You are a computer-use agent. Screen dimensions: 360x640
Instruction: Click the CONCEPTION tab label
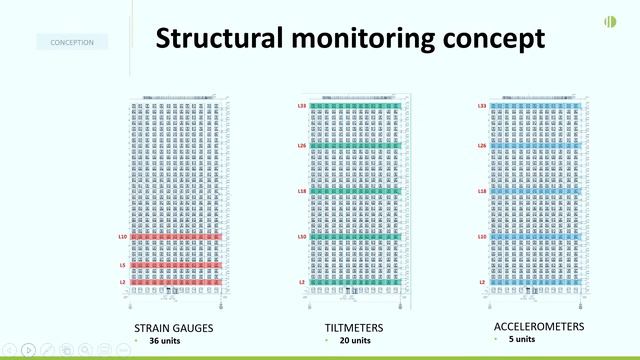click(x=72, y=42)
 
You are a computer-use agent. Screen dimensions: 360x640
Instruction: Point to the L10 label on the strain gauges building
click(x=122, y=237)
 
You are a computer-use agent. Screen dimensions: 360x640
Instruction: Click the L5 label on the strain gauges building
click(x=123, y=265)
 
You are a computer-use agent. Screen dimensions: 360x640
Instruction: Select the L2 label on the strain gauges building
click(x=123, y=283)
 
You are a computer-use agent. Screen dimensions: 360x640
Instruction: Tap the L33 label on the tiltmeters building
click(x=302, y=106)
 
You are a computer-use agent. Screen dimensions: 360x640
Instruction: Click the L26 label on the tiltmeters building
click(x=302, y=146)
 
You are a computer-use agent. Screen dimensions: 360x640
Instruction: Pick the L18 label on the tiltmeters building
click(x=302, y=190)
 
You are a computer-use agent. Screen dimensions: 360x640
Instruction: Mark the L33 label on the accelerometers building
click(x=482, y=106)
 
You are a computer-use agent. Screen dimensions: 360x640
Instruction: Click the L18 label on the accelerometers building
click(x=482, y=190)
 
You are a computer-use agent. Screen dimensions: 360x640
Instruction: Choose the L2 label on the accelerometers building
click(x=482, y=283)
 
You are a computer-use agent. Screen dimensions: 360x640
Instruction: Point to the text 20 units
click(x=348, y=340)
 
